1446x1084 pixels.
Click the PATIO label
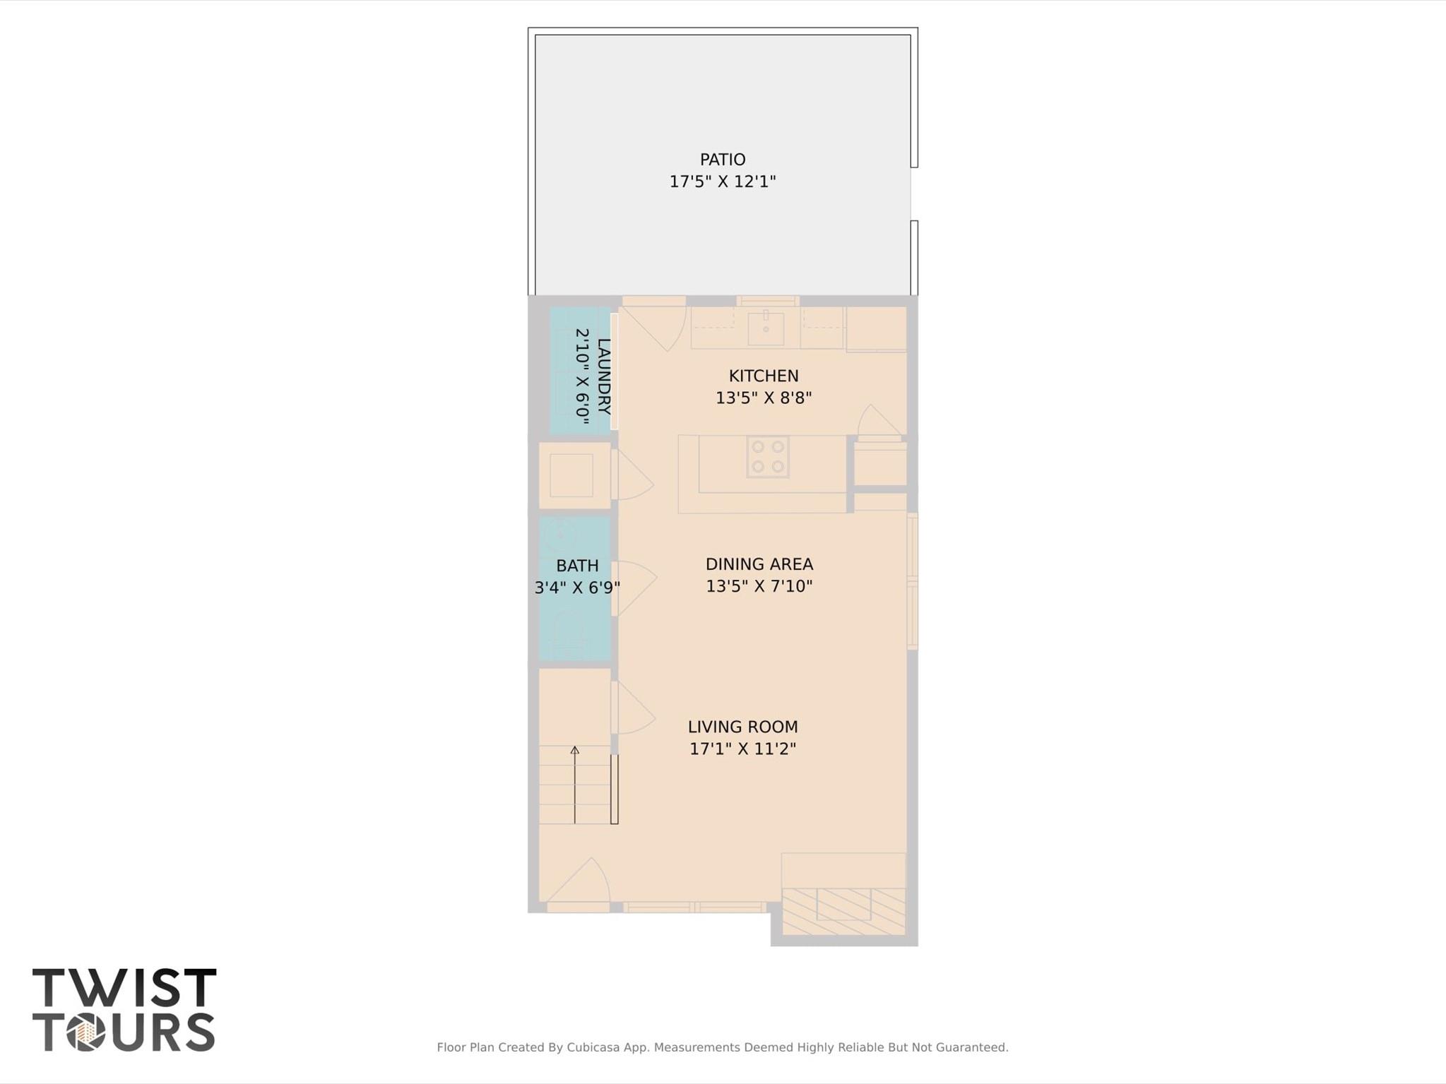coord(722,160)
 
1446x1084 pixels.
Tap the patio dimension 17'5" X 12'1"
coord(722,181)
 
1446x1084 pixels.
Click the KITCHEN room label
coord(763,376)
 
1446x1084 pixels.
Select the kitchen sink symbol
coord(766,328)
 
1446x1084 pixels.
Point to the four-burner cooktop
coord(768,456)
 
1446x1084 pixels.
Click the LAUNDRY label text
coord(603,377)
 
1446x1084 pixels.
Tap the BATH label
coord(577,566)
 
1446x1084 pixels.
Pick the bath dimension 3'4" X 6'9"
coord(577,588)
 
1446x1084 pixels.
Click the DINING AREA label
coord(759,564)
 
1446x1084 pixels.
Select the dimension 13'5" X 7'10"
coord(759,586)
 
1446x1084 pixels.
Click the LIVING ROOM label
coord(742,727)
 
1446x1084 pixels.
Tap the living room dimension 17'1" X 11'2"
coord(742,749)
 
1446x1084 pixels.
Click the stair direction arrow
coord(575,784)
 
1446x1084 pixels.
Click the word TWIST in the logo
coord(124,988)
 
